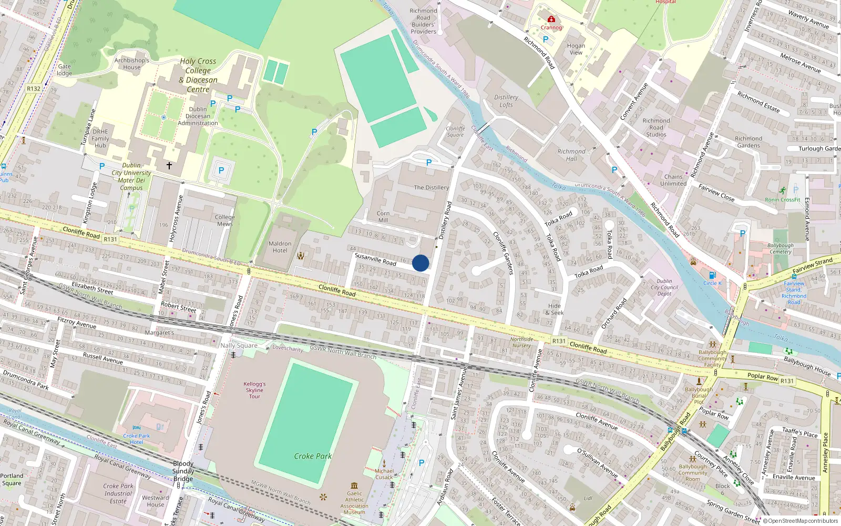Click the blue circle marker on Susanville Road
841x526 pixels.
click(x=420, y=263)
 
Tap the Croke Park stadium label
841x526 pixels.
click(x=313, y=456)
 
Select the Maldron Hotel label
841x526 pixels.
click(x=280, y=247)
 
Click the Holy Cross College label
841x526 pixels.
click(x=198, y=75)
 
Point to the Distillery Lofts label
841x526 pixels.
click(x=506, y=101)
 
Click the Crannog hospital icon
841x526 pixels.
click(x=551, y=19)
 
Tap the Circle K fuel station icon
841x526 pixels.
click(x=712, y=275)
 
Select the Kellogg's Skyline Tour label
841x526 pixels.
click(x=254, y=390)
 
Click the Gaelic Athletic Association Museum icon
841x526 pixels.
click(x=354, y=485)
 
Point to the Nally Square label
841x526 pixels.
click(x=239, y=346)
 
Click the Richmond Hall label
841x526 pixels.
click(x=571, y=155)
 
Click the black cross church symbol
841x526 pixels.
click(x=169, y=166)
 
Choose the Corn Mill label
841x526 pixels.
click(x=383, y=217)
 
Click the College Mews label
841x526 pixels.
click(x=225, y=220)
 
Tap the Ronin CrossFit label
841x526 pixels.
click(x=783, y=199)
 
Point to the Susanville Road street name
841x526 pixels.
click(x=375, y=259)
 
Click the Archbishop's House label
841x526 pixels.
click(x=132, y=64)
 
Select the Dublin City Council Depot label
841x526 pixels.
click(x=664, y=287)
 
